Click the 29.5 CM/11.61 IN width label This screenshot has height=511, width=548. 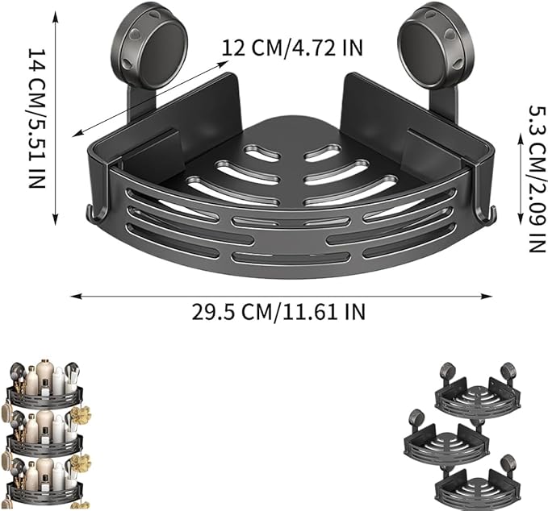click(x=278, y=312)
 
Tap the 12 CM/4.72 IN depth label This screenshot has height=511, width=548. click(x=292, y=48)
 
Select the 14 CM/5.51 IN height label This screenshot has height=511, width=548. click(x=37, y=118)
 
